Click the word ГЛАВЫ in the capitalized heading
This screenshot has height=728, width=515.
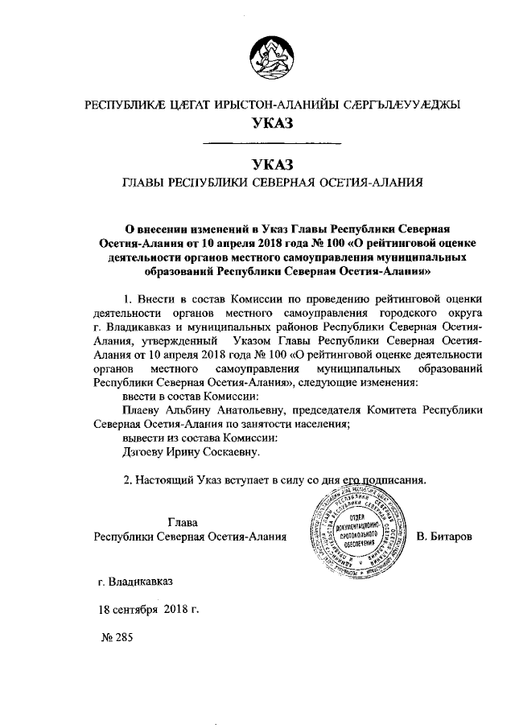141,183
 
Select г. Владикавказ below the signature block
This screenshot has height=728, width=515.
134,582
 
